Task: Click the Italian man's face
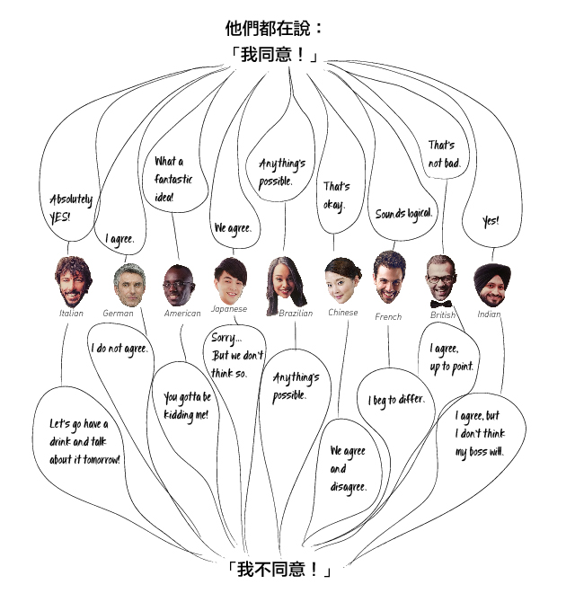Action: click(71, 283)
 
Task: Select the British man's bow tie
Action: click(440, 304)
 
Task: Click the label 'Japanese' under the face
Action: click(228, 308)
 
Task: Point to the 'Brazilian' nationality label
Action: click(296, 314)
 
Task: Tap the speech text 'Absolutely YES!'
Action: click(71, 208)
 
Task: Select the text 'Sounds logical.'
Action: click(403, 214)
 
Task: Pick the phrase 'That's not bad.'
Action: click(444, 154)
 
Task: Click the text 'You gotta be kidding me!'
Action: click(187, 405)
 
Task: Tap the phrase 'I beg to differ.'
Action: click(396, 400)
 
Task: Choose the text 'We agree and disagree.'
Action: click(347, 468)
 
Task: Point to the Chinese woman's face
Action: click(342, 282)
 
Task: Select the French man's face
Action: click(390, 278)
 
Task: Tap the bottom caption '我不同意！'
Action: click(278, 570)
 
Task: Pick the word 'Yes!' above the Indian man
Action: click(491, 221)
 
